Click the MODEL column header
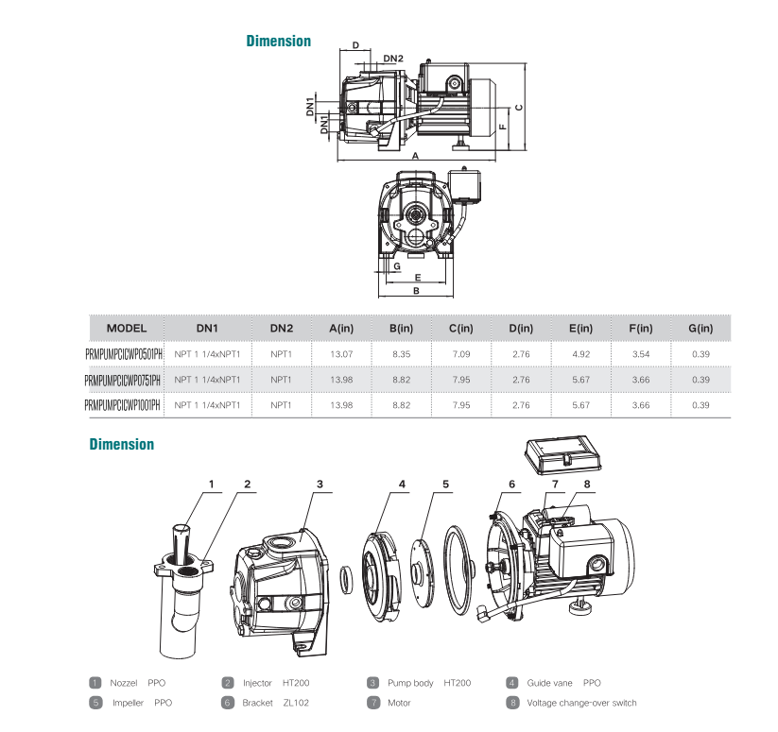[x=127, y=328]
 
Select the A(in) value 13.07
[x=341, y=353]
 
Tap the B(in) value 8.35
[x=401, y=353]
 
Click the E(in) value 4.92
[x=579, y=353]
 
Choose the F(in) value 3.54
[x=640, y=353]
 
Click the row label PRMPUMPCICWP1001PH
[x=123, y=404]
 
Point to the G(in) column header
[x=700, y=328]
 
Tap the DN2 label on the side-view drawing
[x=393, y=59]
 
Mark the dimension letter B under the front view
[x=415, y=293]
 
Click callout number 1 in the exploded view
[x=212, y=484]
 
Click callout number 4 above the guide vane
[x=402, y=484]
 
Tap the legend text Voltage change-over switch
[x=581, y=703]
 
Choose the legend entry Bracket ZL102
[x=275, y=703]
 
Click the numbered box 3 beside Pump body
[x=373, y=683]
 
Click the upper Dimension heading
[x=278, y=41]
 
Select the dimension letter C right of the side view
[x=520, y=106]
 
